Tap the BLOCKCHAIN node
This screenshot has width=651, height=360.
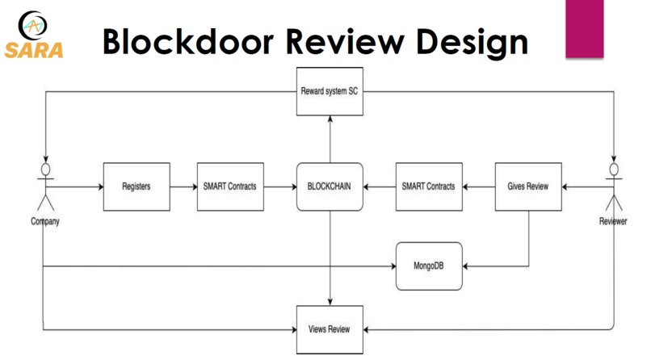329,186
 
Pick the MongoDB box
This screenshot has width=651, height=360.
429,266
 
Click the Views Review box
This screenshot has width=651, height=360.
329,329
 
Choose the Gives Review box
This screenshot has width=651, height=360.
527,186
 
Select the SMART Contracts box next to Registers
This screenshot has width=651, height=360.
230,186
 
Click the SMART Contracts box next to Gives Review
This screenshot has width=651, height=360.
428,186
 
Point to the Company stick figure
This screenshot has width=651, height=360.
44,188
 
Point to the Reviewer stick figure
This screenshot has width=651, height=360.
616,188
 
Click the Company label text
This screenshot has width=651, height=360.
44,221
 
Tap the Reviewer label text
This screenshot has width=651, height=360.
614,221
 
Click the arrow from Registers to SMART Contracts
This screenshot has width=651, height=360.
183,186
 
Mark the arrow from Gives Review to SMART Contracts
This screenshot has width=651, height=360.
479,186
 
